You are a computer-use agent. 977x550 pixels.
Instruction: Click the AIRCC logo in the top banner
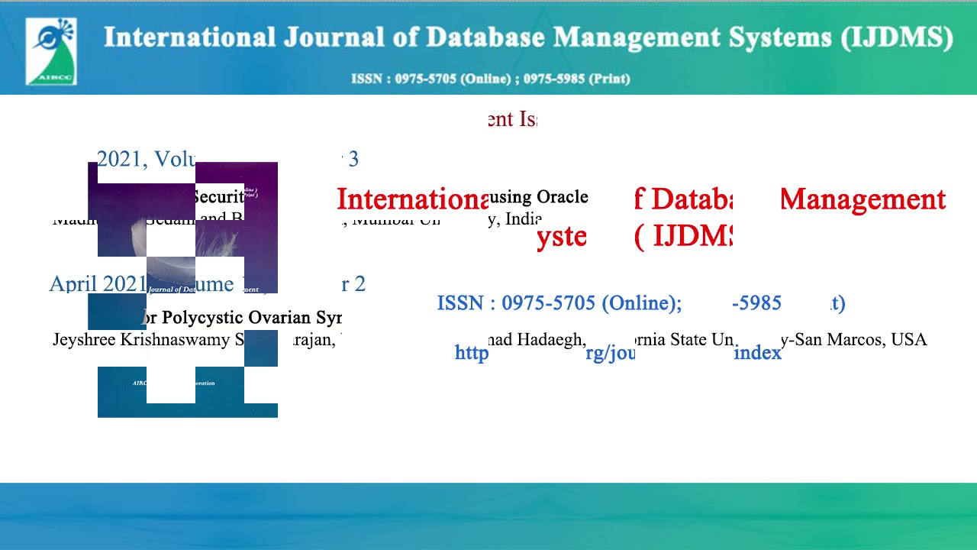[x=51, y=51]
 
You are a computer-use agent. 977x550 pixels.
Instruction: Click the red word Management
[x=863, y=199]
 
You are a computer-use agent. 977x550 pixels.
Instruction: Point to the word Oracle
[x=562, y=197]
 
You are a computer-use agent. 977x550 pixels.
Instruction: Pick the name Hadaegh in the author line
[x=551, y=340]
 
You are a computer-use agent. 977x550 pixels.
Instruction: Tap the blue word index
[x=757, y=353]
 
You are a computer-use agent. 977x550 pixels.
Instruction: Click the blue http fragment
[x=471, y=353]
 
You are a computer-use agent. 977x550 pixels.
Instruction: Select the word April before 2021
[x=73, y=284]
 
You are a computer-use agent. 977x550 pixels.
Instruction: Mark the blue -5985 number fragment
[x=756, y=304]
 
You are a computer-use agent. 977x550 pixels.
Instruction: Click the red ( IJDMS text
[x=683, y=237]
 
